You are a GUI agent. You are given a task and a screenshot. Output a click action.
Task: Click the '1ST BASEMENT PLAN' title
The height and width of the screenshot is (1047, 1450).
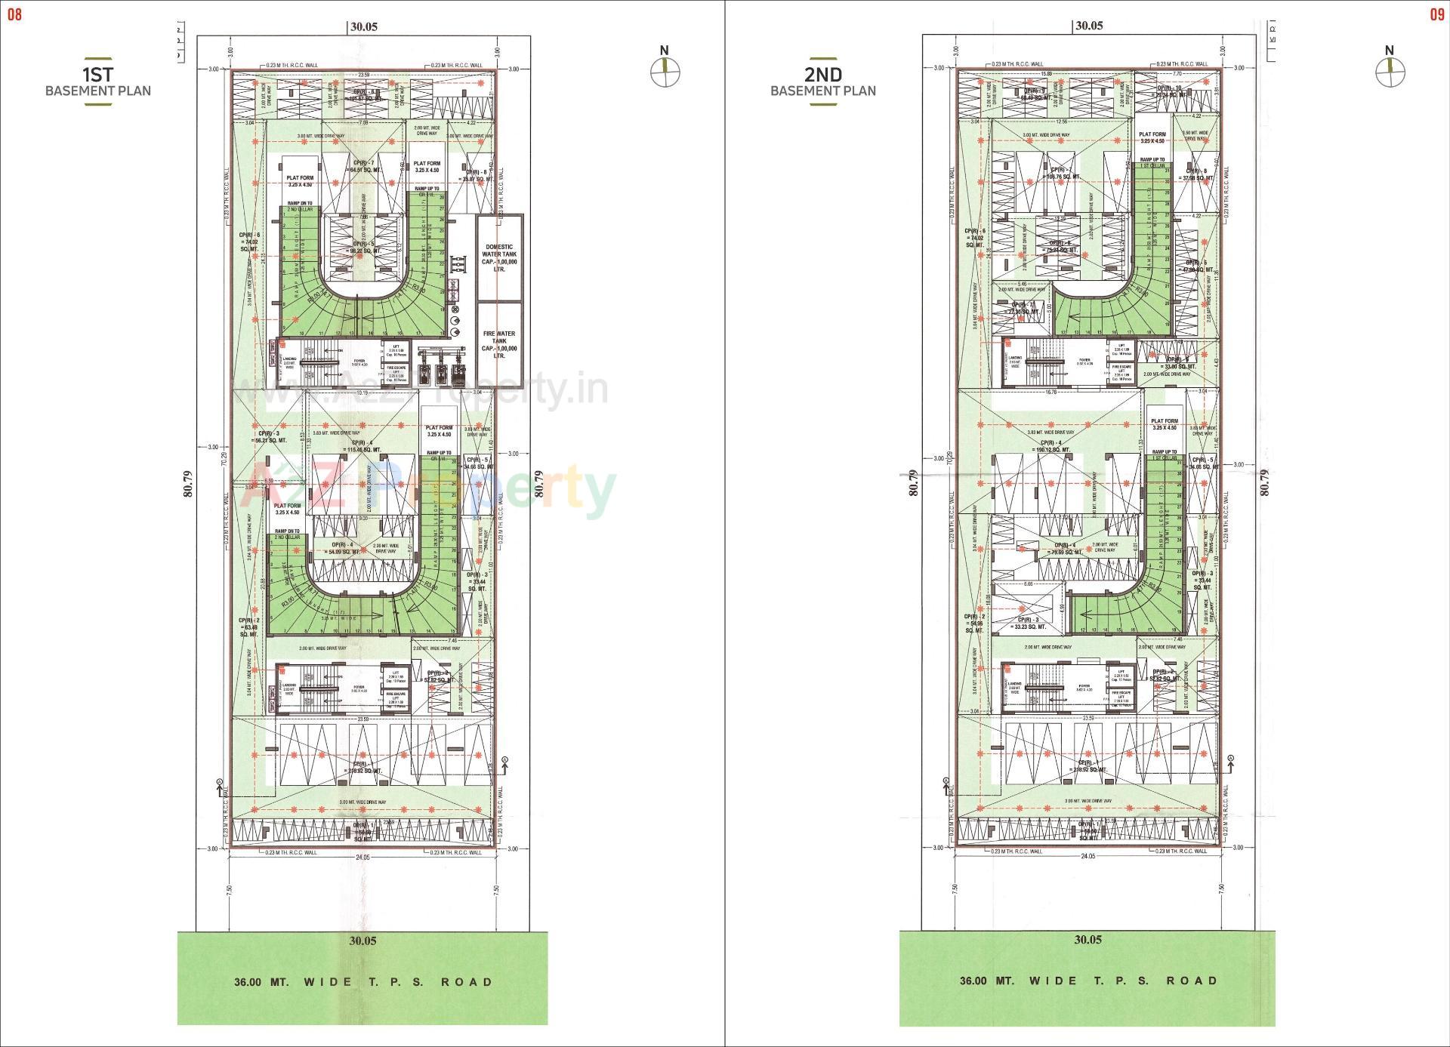pos(98,82)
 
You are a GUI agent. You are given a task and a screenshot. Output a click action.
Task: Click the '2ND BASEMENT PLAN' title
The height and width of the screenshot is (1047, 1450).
pos(823,82)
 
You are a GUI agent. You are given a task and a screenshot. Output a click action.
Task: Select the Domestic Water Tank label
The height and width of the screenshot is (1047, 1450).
pos(499,257)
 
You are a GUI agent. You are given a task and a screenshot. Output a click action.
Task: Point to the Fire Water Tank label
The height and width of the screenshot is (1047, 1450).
pos(499,343)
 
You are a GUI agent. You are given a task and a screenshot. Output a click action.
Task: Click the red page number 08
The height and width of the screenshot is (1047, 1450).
pos(14,14)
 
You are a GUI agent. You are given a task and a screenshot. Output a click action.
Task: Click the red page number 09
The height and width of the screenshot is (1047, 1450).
pos(1436,14)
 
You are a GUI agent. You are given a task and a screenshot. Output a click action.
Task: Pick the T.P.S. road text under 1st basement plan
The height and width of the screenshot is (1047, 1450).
pos(363,982)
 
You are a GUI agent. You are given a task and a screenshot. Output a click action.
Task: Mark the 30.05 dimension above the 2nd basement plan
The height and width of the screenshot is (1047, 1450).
pos(1088,25)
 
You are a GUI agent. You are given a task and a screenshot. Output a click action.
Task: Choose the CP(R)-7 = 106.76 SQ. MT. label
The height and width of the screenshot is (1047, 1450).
pos(1061,174)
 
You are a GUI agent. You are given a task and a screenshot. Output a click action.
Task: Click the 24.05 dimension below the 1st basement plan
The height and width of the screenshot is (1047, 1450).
pos(363,858)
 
